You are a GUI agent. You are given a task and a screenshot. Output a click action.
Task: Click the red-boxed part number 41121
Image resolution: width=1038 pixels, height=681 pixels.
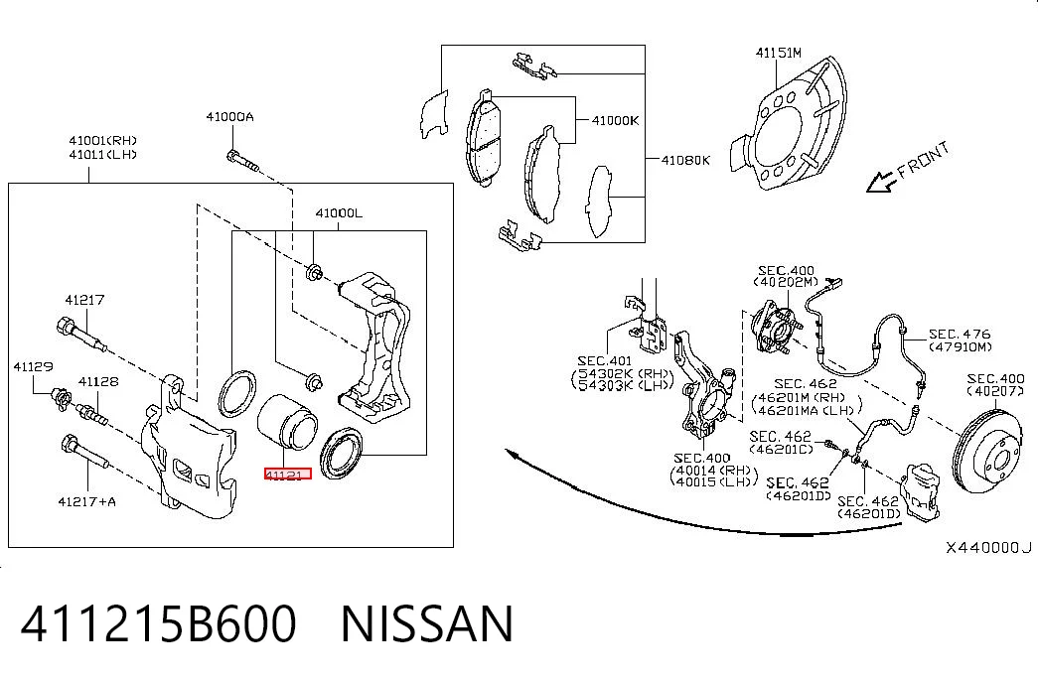(x=287, y=474)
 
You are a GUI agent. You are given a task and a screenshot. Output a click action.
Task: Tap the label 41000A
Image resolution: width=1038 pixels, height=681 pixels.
(x=229, y=117)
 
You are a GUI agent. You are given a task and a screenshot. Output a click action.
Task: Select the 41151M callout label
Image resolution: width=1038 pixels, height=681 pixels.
(x=779, y=53)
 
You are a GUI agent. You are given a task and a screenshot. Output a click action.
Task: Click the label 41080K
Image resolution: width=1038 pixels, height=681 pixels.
(x=685, y=160)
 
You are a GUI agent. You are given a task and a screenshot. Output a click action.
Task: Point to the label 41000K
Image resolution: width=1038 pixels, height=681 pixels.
(x=615, y=120)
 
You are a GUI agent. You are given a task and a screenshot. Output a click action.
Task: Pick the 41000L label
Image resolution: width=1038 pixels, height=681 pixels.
(x=339, y=213)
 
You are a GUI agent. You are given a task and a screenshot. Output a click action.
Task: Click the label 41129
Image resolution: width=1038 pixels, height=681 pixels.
(x=33, y=366)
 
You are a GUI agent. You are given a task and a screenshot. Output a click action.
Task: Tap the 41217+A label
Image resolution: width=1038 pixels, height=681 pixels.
(x=86, y=501)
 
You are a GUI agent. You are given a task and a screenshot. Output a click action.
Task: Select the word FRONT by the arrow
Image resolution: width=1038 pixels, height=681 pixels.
(x=924, y=161)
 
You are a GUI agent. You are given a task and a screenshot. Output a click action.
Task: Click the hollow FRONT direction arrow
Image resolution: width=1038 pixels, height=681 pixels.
(x=881, y=182)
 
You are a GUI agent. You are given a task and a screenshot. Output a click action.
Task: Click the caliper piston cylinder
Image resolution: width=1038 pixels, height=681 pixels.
(x=287, y=421)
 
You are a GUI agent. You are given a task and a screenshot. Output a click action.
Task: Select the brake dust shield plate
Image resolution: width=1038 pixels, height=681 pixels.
(x=789, y=126)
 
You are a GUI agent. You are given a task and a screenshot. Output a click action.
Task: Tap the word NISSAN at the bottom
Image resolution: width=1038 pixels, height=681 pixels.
(x=427, y=623)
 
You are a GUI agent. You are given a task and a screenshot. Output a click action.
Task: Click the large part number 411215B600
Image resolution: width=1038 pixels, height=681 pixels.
(x=158, y=623)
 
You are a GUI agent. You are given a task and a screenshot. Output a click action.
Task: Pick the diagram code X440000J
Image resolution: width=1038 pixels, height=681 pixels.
(x=987, y=547)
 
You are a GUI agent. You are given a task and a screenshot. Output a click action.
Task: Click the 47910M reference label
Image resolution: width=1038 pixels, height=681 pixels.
(x=960, y=346)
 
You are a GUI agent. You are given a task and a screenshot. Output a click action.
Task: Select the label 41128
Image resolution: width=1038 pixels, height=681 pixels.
(x=98, y=381)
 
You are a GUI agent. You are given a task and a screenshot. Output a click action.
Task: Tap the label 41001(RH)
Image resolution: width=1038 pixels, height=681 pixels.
(x=102, y=140)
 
